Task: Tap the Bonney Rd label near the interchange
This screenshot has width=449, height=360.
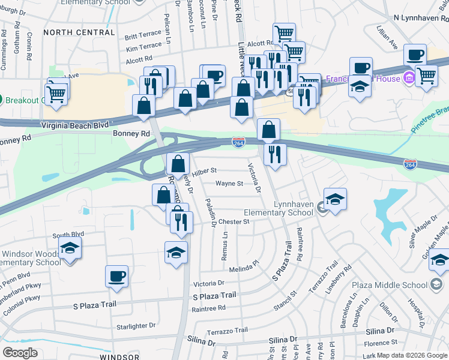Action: click(x=131, y=134)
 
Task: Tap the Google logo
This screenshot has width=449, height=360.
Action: click(x=20, y=353)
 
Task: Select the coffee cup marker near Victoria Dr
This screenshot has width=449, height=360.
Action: click(x=117, y=276)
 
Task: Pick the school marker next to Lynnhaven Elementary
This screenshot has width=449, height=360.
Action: click(x=335, y=199)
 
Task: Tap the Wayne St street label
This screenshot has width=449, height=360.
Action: click(x=229, y=184)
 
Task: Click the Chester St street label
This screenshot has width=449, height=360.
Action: click(x=234, y=221)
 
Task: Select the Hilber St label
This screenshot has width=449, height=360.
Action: click(x=204, y=171)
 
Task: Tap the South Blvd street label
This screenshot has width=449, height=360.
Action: click(x=68, y=235)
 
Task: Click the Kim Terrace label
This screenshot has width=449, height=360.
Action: click(x=143, y=46)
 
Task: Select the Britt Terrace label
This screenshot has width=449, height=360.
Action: click(x=143, y=36)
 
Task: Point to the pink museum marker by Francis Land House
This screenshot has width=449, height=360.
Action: click(x=409, y=77)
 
